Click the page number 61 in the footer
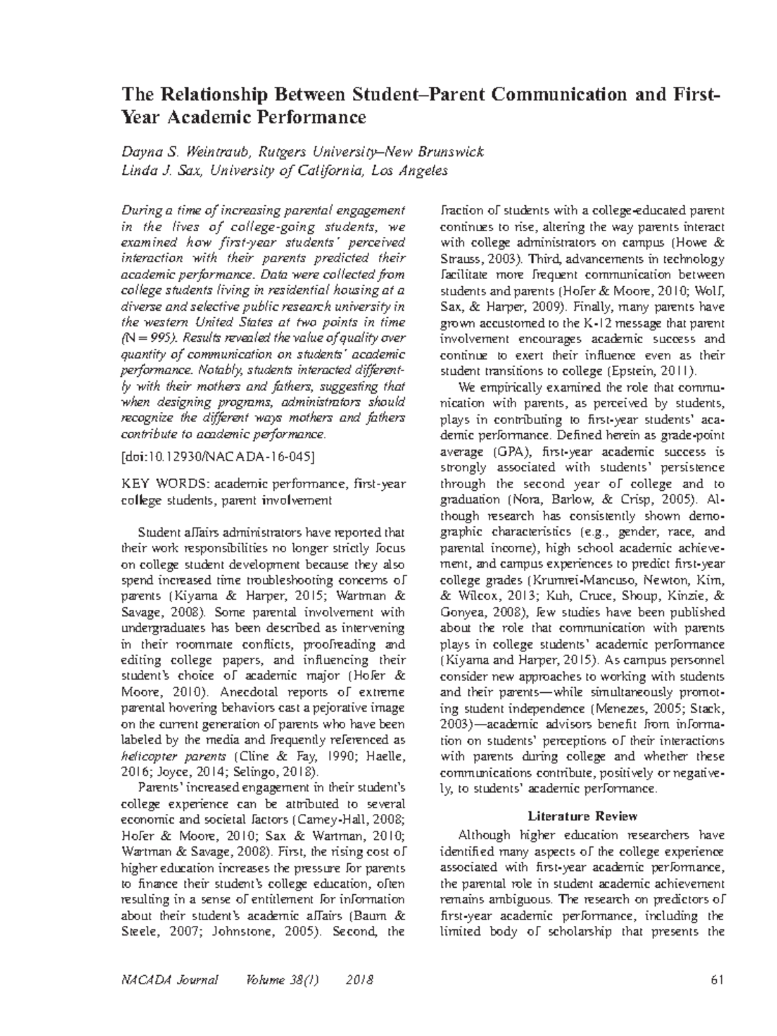[x=715, y=980]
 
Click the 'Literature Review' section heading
[x=583, y=816]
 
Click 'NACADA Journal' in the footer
[x=170, y=980]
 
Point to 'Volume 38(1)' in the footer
[x=281, y=980]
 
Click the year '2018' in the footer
[x=360, y=980]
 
